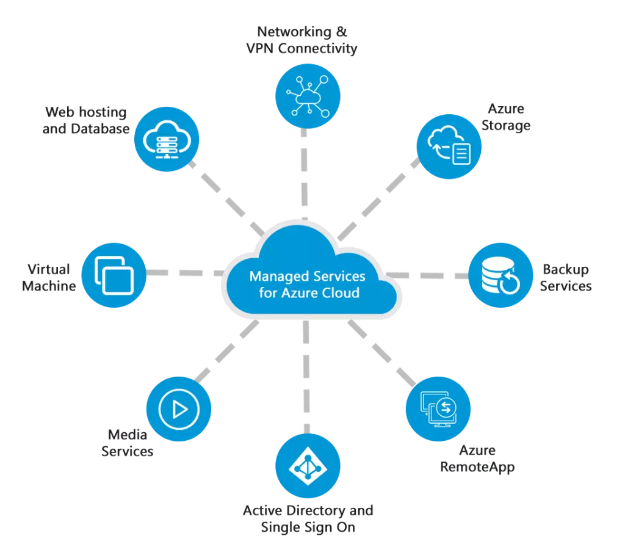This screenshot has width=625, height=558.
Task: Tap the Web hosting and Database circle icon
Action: click(x=164, y=139)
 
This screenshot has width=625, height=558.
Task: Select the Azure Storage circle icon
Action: click(x=449, y=147)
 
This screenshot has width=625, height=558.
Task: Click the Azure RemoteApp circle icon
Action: click(x=438, y=408)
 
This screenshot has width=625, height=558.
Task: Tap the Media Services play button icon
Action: click(x=179, y=408)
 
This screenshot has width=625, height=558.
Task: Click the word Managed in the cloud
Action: click(x=275, y=276)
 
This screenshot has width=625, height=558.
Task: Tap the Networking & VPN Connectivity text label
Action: click(x=302, y=40)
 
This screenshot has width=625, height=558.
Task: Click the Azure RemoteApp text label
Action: click(x=477, y=458)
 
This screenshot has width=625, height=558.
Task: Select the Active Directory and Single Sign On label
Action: click(x=308, y=518)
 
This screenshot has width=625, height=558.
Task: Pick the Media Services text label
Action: click(x=128, y=443)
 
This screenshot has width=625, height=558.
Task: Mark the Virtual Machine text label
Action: click(x=49, y=277)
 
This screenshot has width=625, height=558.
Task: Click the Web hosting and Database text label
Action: click(x=86, y=120)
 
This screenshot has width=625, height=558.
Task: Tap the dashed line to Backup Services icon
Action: click(x=427, y=276)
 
